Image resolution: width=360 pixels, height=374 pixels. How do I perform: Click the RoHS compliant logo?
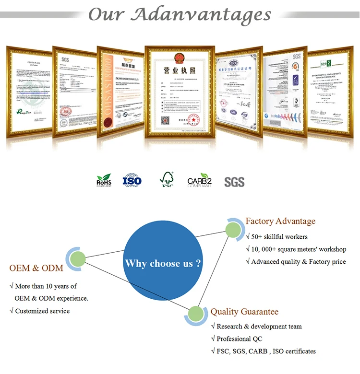tap(104, 180)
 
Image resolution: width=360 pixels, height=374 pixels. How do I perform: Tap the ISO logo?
tap(132, 180)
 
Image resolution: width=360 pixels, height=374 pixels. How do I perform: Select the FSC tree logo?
tap(167, 180)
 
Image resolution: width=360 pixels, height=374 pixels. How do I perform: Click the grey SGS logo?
tap(234, 182)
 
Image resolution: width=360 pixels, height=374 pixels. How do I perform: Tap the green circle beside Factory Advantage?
tap(234, 229)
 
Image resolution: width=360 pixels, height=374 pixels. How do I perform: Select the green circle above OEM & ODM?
tap(77, 259)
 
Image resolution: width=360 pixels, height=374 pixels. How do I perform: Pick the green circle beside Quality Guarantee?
tap(196, 315)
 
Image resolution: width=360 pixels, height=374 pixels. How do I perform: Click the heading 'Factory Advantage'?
tap(280, 221)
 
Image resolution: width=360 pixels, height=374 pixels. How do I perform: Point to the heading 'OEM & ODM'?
tap(36, 268)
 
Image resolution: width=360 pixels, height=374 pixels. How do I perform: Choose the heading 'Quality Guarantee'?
tap(244, 312)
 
